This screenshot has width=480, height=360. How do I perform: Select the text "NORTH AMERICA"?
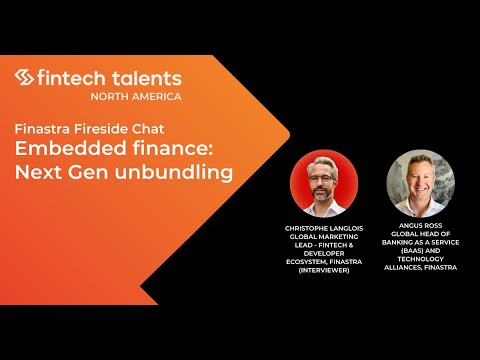(136, 96)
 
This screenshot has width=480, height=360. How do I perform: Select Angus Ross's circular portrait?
(414, 183)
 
